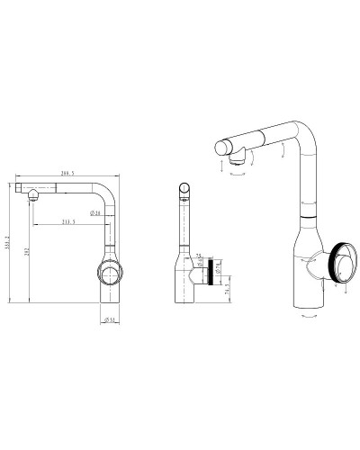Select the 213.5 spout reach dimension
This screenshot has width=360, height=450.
(68, 221)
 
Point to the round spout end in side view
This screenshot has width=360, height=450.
(184, 189)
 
